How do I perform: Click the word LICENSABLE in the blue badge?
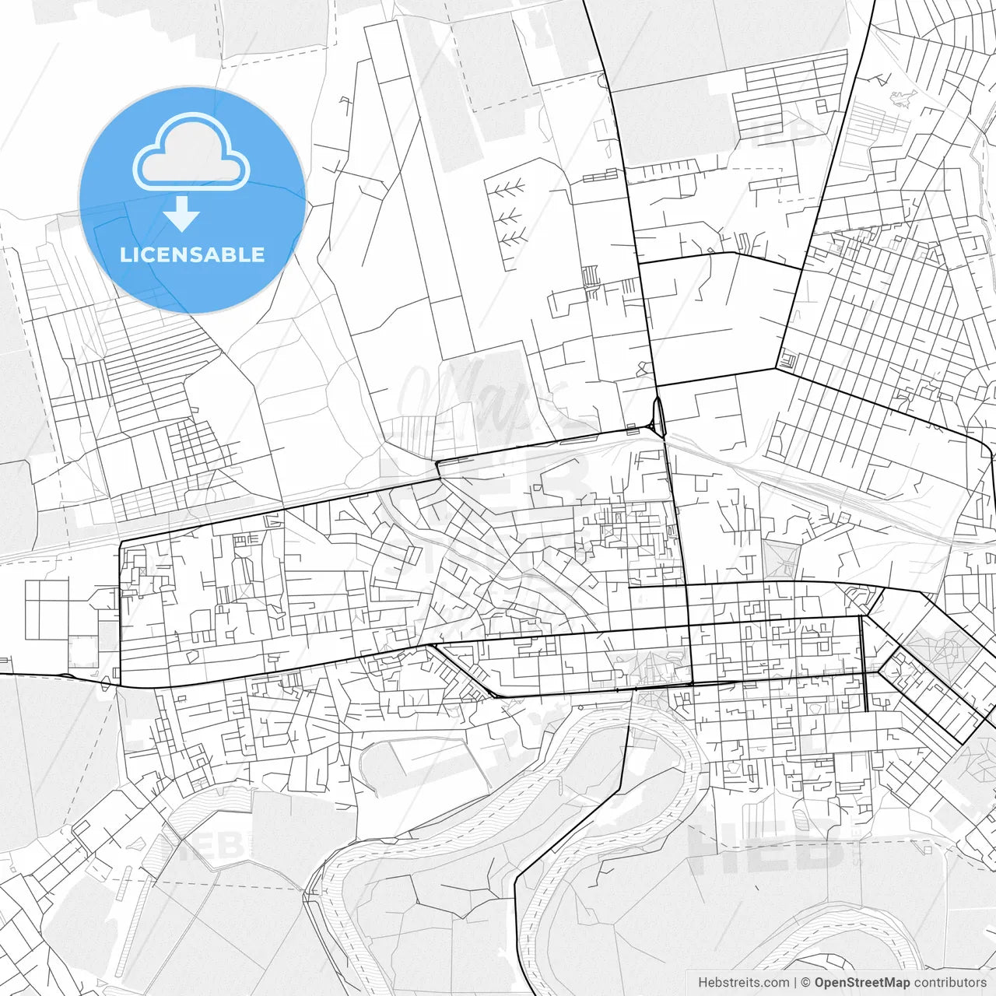click(x=192, y=254)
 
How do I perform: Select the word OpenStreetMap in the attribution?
click(x=862, y=983)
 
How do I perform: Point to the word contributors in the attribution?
click(x=950, y=983)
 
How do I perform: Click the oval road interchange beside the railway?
click(x=659, y=416)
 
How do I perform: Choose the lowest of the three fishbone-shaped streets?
click(x=510, y=238)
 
